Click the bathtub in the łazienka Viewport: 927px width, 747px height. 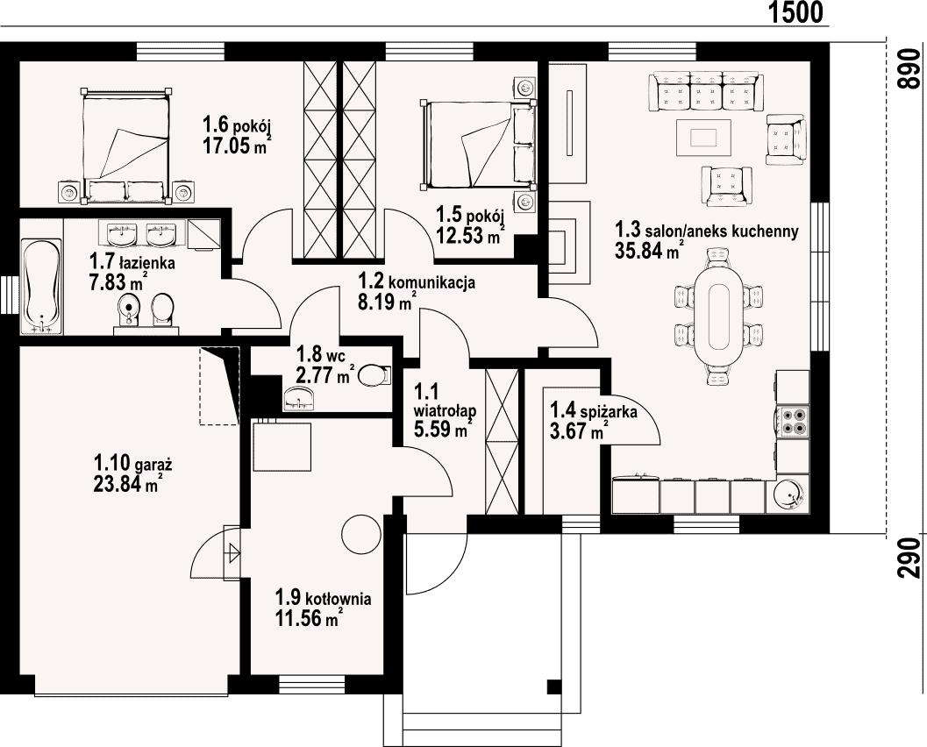(x=41, y=286)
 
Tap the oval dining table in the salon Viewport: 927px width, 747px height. (x=719, y=316)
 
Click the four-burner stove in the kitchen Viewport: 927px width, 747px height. (x=793, y=421)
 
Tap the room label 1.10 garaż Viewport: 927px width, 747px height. (x=132, y=460)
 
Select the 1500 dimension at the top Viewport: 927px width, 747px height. (x=795, y=11)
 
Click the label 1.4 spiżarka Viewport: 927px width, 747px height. (x=594, y=409)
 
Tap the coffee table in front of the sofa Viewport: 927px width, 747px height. (x=703, y=137)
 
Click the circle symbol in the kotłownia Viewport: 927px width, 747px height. (x=362, y=534)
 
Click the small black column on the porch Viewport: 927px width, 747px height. (x=554, y=687)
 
